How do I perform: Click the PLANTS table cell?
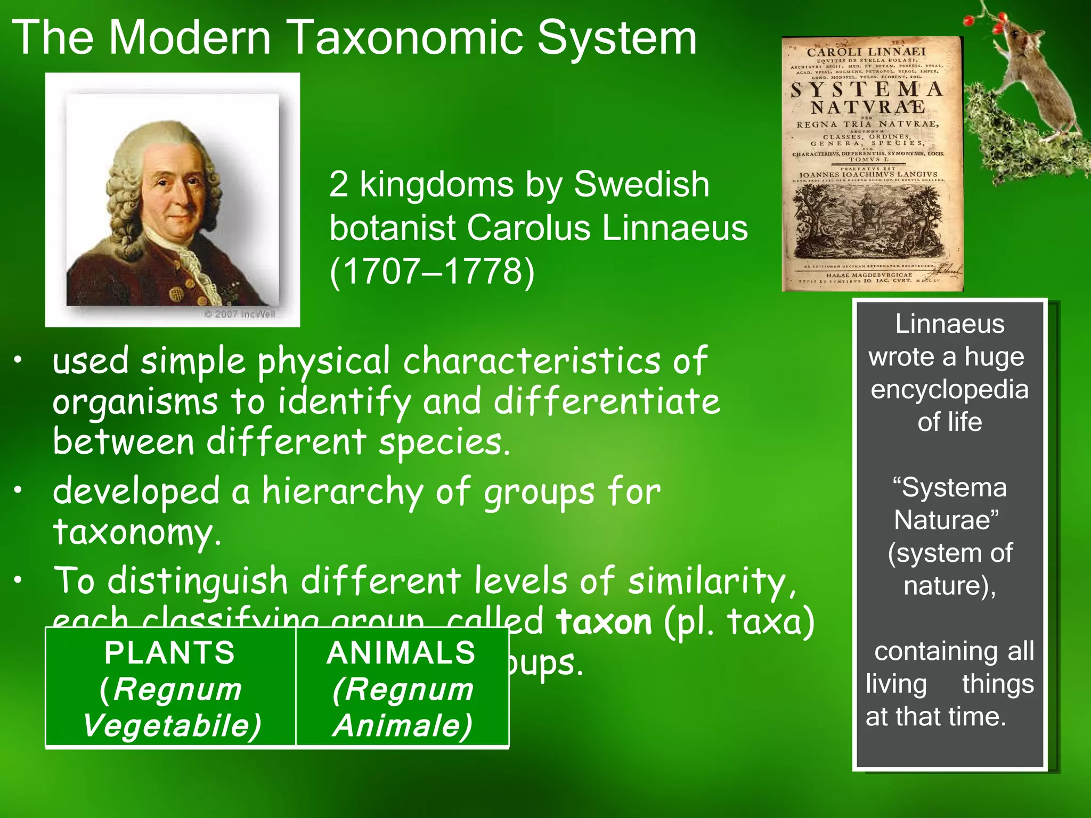coord(170,688)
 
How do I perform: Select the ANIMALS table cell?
coord(402,688)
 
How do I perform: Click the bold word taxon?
coord(604,622)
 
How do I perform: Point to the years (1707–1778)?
coord(431,272)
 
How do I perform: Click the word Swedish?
coord(641,185)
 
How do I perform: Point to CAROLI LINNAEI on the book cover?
coord(866,52)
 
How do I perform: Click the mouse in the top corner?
coord(1039,75)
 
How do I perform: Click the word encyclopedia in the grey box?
coord(949,389)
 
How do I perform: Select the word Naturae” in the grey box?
coord(947,520)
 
